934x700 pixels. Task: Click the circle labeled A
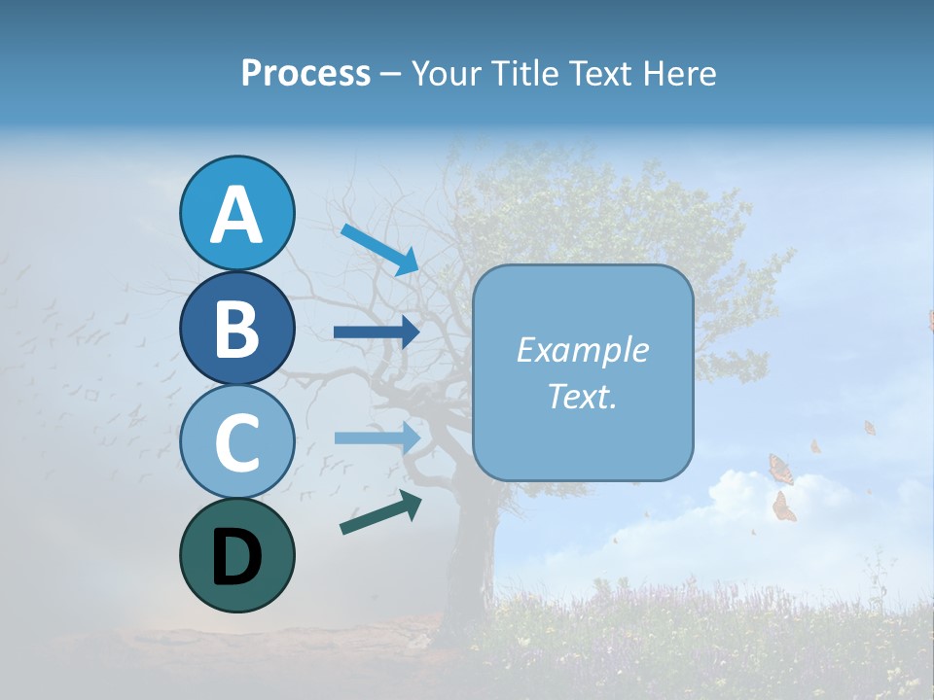[x=236, y=213]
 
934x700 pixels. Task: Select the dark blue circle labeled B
[x=236, y=328]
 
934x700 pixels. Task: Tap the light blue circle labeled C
[x=236, y=441]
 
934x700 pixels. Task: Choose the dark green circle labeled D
[x=236, y=555]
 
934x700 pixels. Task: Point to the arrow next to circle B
[x=377, y=332]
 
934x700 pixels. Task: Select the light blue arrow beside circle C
[x=377, y=437]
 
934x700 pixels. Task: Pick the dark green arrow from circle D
[x=380, y=511]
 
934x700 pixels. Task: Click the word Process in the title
[x=305, y=73]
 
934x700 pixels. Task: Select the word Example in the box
[x=583, y=350]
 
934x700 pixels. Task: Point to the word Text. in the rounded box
[x=583, y=396]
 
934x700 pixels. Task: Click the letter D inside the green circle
[x=236, y=557]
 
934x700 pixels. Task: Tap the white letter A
[x=236, y=215]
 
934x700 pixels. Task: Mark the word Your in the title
[x=447, y=73]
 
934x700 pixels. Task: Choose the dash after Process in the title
[x=390, y=75]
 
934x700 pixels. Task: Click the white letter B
[x=236, y=329]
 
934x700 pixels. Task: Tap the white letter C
[x=236, y=442]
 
